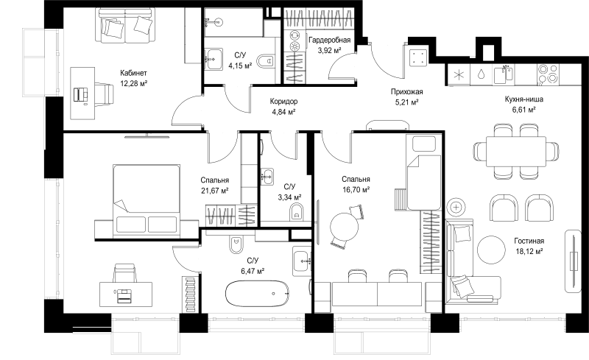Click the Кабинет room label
coord(133,73)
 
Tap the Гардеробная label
coord(329,40)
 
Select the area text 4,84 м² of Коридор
coord(283,111)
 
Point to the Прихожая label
coord(407,92)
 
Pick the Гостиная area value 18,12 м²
coord(529,251)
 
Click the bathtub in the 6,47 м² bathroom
coord(258,293)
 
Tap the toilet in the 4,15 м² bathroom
coord(267,60)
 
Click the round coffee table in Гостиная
coord(492,250)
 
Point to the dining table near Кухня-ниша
coord(516,152)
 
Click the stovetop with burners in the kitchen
coord(548,74)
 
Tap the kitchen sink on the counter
coord(504,74)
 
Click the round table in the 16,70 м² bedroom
coord(344,227)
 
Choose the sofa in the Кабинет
coord(127,26)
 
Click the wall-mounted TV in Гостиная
coord(574,261)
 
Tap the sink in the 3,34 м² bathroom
coord(267,176)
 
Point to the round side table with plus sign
coord(456,207)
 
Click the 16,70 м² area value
coord(356,190)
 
